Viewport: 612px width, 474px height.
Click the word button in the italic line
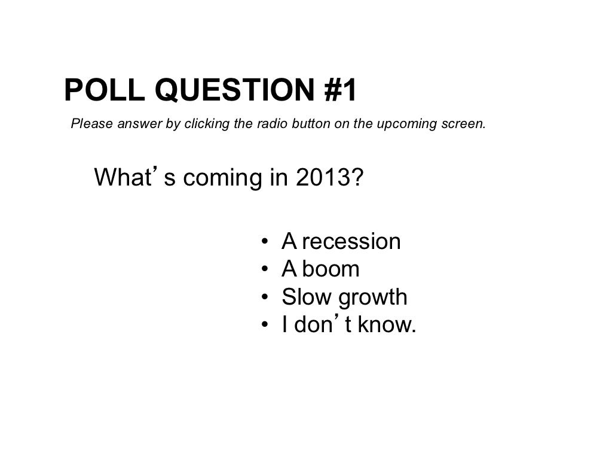coord(307,124)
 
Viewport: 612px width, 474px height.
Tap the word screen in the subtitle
coord(467,124)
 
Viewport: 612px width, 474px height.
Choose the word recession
coord(351,242)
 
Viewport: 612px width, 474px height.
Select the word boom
coord(331,269)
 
